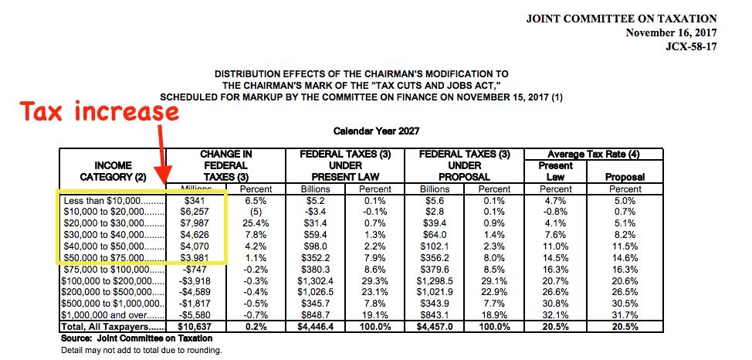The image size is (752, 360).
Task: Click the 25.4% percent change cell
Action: (x=254, y=223)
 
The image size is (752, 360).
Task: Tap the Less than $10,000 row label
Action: (x=113, y=199)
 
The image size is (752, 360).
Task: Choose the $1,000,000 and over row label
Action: (x=113, y=315)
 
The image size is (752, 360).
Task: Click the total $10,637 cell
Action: (x=193, y=328)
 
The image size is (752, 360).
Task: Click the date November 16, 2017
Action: (x=672, y=32)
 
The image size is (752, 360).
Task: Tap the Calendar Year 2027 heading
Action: (x=376, y=132)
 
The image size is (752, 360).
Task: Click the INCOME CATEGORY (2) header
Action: (x=113, y=171)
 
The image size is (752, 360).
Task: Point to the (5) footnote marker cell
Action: (x=256, y=211)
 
